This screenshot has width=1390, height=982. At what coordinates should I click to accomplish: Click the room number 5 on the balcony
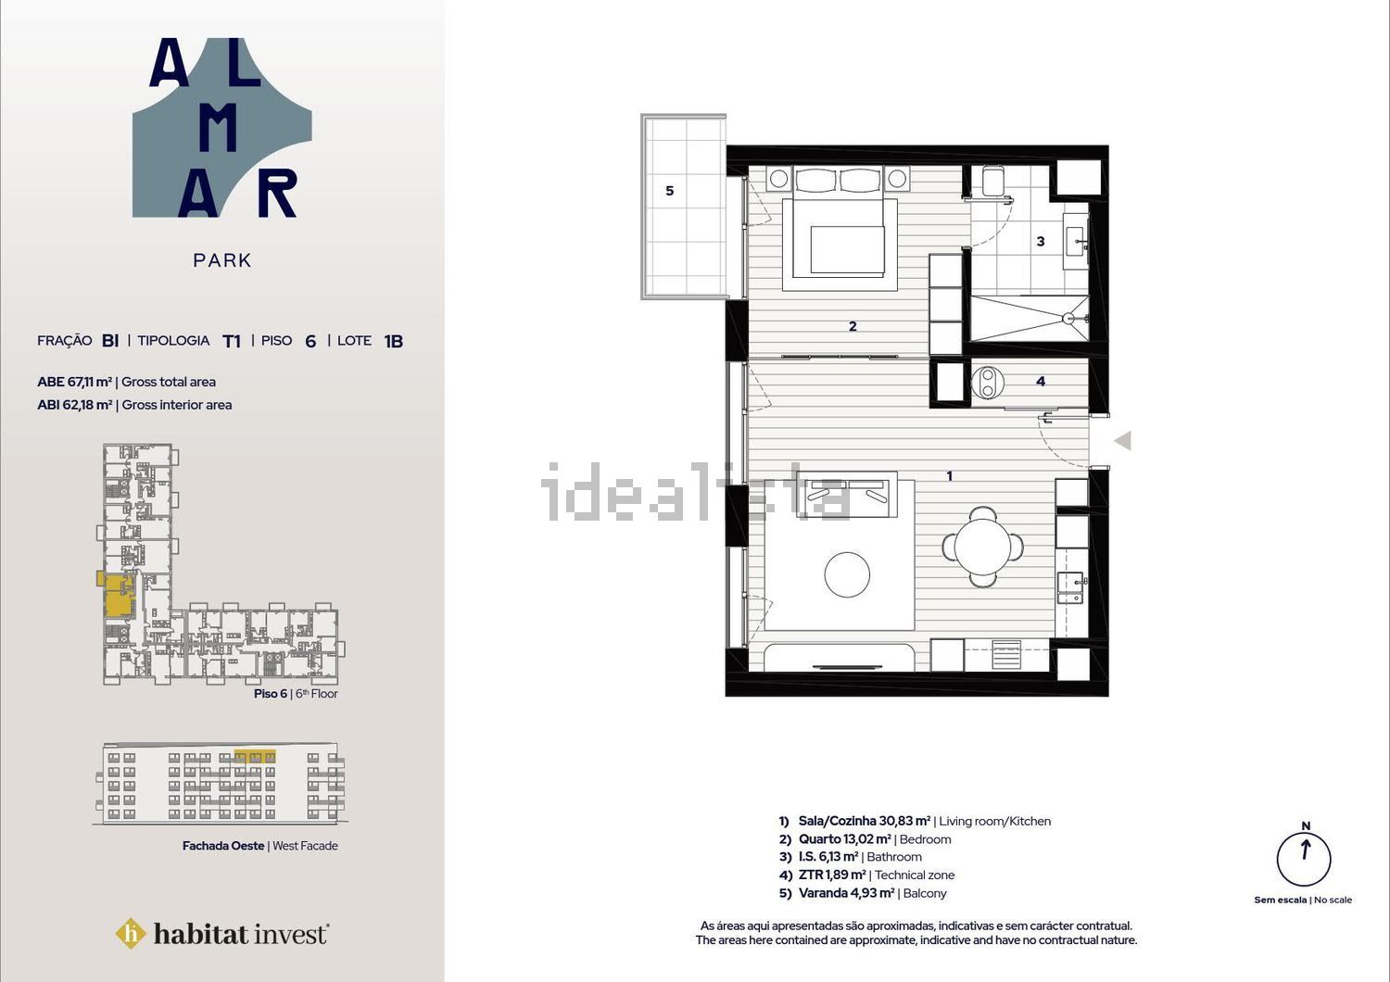[x=670, y=191]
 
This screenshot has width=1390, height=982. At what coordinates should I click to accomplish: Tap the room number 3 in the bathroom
[x=1041, y=241]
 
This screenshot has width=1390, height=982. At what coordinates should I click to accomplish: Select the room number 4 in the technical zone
[x=1041, y=381]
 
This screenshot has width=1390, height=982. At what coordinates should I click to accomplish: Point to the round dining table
[x=983, y=547]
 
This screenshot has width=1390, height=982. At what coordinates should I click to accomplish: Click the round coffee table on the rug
[x=847, y=574]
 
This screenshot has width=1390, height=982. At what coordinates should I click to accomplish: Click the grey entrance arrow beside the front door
[x=1122, y=441]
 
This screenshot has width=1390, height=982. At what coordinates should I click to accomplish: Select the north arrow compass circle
[x=1304, y=859]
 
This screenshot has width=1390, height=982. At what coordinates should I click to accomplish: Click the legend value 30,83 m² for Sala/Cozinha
[x=904, y=821]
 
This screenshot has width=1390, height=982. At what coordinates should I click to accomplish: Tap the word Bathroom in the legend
[x=894, y=857]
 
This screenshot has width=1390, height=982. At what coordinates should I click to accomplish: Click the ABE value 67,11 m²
[x=87, y=382]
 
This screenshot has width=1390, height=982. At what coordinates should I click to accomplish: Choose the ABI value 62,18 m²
[x=87, y=405]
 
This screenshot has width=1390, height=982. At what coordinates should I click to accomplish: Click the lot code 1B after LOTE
[x=394, y=341]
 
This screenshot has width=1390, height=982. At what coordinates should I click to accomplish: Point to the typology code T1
[x=232, y=341]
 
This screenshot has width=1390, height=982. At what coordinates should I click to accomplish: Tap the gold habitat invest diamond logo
[x=131, y=934]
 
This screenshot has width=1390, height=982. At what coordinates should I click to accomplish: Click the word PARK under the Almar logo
[x=222, y=260]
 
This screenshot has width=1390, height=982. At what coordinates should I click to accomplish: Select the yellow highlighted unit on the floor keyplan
[x=120, y=596]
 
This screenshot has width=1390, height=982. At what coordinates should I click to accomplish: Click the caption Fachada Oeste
[x=223, y=846]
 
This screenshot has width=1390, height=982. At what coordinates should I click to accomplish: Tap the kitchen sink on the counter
[x=1070, y=587]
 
